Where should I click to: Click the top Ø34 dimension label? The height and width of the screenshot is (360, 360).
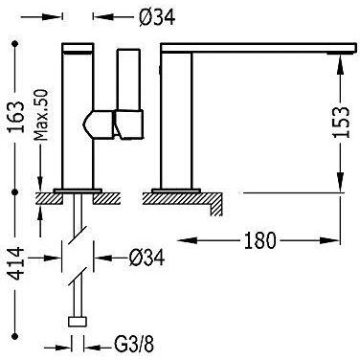[157, 17]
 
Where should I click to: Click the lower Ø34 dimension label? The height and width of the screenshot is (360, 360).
[146, 258]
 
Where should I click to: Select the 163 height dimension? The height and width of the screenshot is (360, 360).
[16, 117]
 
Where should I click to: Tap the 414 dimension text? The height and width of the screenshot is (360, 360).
[16, 263]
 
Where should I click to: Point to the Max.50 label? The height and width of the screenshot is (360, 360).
[41, 115]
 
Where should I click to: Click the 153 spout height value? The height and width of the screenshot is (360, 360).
[341, 122]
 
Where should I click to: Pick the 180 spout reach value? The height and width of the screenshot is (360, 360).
[259, 240]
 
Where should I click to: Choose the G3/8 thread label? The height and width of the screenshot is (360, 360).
[134, 346]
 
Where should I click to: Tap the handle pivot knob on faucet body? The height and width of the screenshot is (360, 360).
[98, 124]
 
